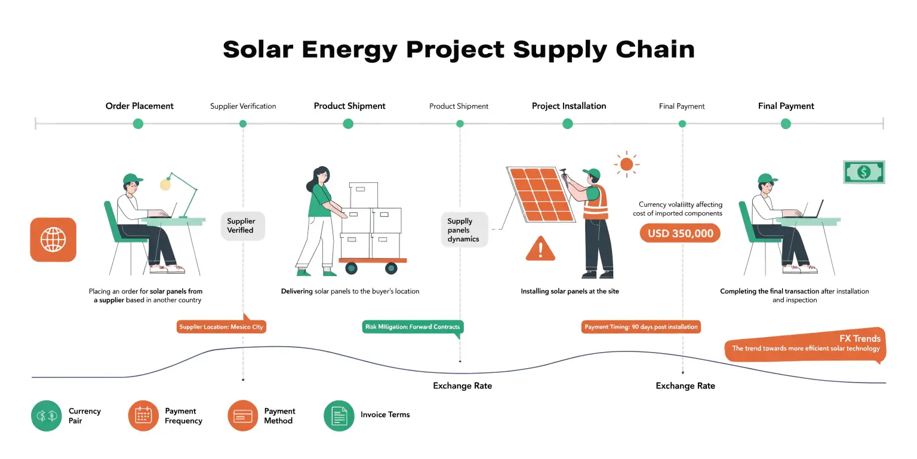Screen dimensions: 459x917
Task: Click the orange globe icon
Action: pyautogui.click(x=53, y=240)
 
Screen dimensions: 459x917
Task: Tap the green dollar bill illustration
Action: pyautogui.click(x=863, y=172)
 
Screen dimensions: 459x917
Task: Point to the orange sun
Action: pyautogui.click(x=626, y=164)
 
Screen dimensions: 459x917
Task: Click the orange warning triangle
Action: pyautogui.click(x=540, y=249)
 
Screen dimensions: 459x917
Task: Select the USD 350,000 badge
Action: pyautogui.click(x=680, y=233)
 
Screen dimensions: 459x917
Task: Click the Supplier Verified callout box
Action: pyautogui.click(x=242, y=226)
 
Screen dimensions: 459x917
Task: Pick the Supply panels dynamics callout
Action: pyautogui.click(x=464, y=230)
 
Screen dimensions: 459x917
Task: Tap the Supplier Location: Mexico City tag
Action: pyautogui.click(x=221, y=327)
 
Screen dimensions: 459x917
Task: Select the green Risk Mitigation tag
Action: pyautogui.click(x=413, y=327)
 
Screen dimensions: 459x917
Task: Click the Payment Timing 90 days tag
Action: pyautogui.click(x=641, y=327)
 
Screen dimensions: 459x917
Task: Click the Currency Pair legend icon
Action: pyautogui.click(x=47, y=416)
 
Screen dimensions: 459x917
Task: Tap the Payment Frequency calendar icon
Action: pyautogui.click(x=144, y=416)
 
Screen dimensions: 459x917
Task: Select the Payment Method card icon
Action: pyautogui.click(x=243, y=416)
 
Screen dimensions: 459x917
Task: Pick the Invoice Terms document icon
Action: pyautogui.click(x=339, y=416)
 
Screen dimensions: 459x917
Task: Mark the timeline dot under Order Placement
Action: pyautogui.click(x=138, y=124)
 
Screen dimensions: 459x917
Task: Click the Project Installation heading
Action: pyautogui.click(x=568, y=106)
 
